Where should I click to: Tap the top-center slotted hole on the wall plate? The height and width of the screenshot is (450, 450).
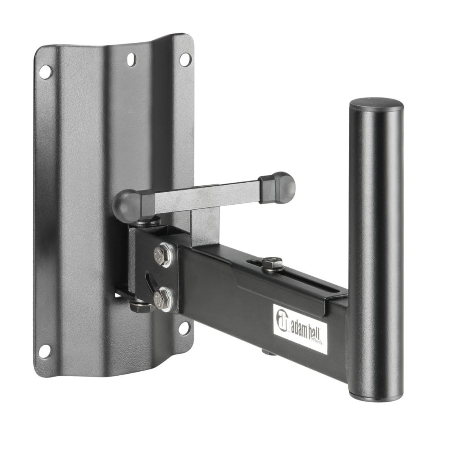tap(131, 58)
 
